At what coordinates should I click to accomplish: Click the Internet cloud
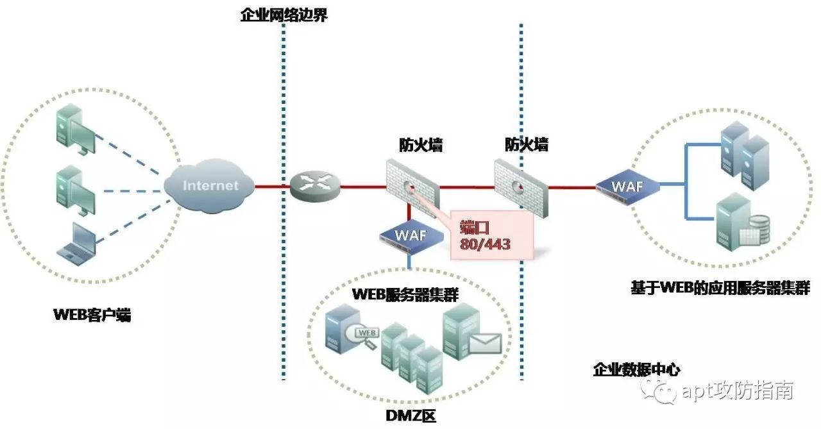pyautogui.click(x=209, y=186)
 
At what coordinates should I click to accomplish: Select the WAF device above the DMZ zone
pyautogui.click(x=411, y=235)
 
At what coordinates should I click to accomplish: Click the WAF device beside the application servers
pyautogui.click(x=627, y=187)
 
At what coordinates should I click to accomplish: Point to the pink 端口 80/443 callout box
pyautogui.click(x=491, y=236)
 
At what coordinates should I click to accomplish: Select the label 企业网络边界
pyautogui.click(x=284, y=15)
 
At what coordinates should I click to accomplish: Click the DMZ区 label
pyautogui.click(x=411, y=417)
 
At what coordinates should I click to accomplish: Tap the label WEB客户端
pyautogui.click(x=93, y=315)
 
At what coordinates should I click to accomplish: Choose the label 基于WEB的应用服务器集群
pyautogui.click(x=720, y=287)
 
